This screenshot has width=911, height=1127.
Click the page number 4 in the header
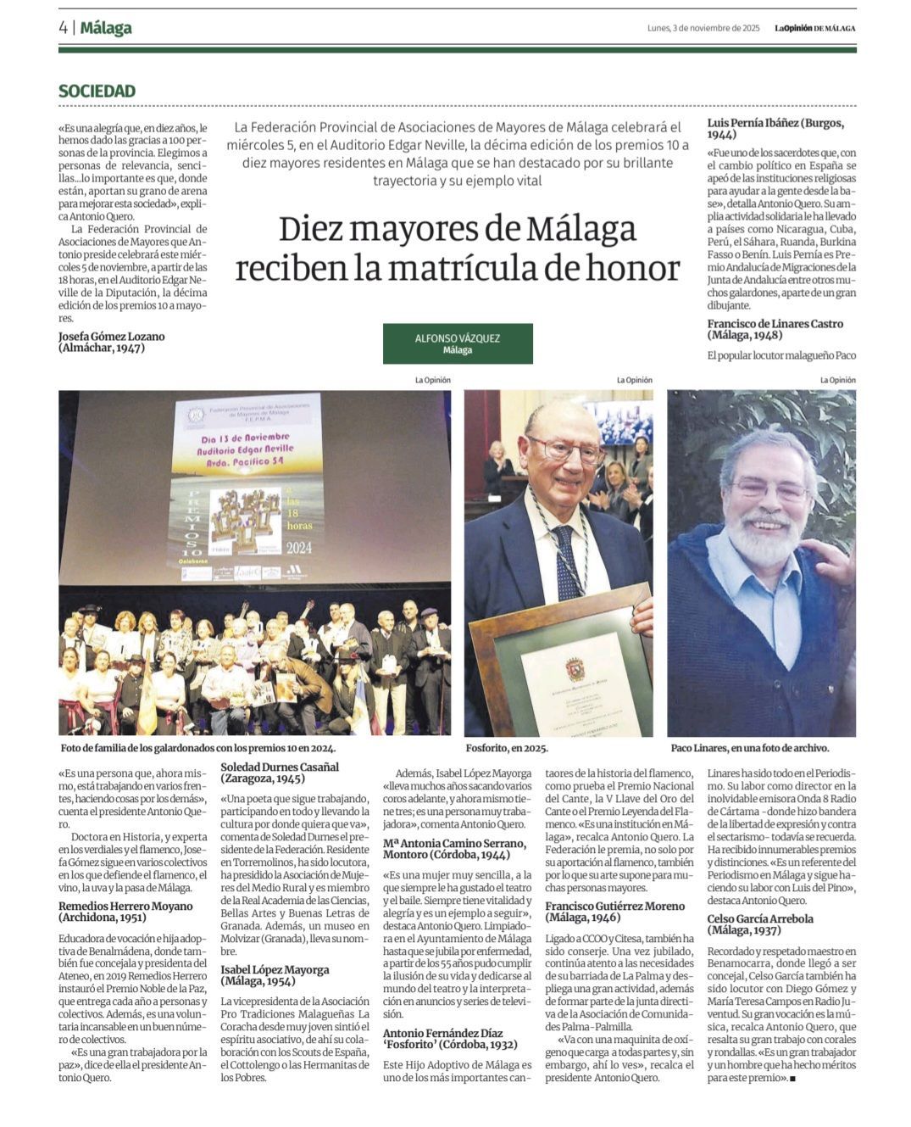64,28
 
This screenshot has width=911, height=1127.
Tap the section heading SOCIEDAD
97,91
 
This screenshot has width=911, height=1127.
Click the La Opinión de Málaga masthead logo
814,28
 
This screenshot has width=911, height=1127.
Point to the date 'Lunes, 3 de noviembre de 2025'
703,28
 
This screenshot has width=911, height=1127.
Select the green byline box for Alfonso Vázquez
458,343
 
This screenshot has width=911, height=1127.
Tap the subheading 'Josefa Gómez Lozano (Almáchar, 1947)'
111,342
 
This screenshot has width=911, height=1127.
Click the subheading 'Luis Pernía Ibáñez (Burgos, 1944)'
775,128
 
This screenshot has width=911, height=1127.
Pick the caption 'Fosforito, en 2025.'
507,749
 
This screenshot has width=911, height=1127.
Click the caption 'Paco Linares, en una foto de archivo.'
749,749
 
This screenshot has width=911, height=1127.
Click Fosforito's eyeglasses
565,449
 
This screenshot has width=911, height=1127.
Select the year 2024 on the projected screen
298,548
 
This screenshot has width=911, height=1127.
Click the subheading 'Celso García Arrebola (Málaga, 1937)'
760,924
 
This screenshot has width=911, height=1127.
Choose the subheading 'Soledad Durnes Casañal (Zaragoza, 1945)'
280,773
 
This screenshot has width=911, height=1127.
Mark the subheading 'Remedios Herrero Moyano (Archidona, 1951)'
125,912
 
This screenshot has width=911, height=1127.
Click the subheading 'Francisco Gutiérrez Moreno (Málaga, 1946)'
614,912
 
